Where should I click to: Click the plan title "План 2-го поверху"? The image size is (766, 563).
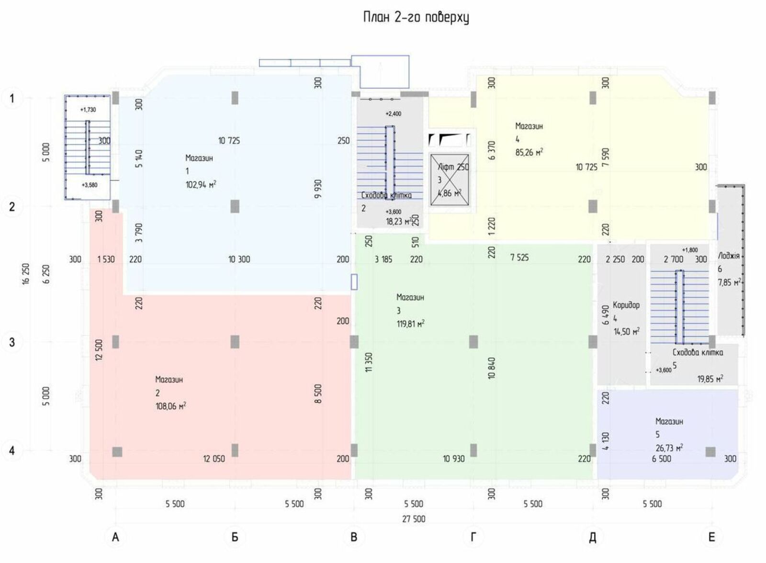pyautogui.click(x=416, y=18)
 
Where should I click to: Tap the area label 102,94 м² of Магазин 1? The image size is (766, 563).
pyautogui.click(x=201, y=184)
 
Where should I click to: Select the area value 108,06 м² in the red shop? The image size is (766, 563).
pyautogui.click(x=170, y=406)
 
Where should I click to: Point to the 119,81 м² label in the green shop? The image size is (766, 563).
pyautogui.click(x=410, y=324)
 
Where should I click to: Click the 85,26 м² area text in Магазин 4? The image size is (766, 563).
pyautogui.click(x=529, y=153)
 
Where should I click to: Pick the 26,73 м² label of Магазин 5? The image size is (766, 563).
pyautogui.click(x=669, y=448)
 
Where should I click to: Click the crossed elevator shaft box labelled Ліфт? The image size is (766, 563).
pyautogui.click(x=450, y=180)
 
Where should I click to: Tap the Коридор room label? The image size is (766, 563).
pyautogui.click(x=626, y=305)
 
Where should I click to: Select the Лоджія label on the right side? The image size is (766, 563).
pyautogui.click(x=728, y=256)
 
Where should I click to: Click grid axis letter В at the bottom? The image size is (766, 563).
pyautogui.click(x=354, y=537)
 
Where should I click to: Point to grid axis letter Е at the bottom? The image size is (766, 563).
pyautogui.click(x=711, y=537)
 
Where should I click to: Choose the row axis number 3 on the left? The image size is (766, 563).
pyautogui.click(x=12, y=342)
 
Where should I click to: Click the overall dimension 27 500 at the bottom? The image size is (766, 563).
pyautogui.click(x=414, y=519)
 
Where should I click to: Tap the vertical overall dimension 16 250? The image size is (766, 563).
pyautogui.click(x=26, y=273)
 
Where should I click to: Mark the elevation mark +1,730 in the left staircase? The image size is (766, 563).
pyautogui.click(x=88, y=110)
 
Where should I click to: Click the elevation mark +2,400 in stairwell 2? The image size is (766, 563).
pyautogui.click(x=393, y=114)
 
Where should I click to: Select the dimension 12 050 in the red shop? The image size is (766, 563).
pyautogui.click(x=214, y=459)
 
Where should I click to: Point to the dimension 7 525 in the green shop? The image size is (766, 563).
pyautogui.click(x=519, y=258)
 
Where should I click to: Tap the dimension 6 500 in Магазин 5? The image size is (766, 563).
pyautogui.click(x=661, y=459)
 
